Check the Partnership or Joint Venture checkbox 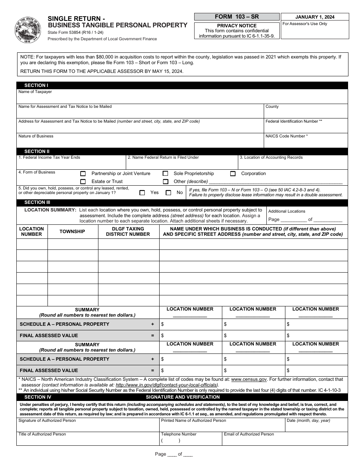click(83, 174)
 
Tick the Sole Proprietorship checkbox click(165, 174)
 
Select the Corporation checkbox click(233, 174)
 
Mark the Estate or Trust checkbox click(83, 181)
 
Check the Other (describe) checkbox click(165, 181)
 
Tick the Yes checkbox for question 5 click(142, 192)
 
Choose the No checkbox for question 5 click(168, 192)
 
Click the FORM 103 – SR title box click(237, 17)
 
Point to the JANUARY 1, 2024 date click(314, 17)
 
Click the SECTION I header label click(36, 85)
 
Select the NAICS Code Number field click(306, 143)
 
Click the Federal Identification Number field click(306, 128)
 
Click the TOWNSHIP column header click(72, 232)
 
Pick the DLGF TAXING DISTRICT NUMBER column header click(128, 232)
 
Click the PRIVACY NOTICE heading click(237, 26)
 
